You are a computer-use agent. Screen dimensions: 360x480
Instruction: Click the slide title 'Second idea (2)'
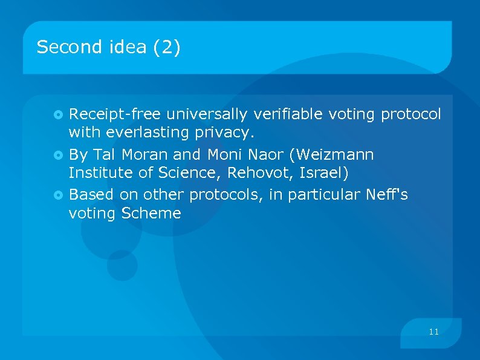tap(108, 47)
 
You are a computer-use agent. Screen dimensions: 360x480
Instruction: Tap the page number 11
tap(433, 332)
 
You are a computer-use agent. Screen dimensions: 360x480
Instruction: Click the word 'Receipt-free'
tap(115, 114)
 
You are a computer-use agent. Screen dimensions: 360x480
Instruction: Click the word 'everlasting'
tap(150, 132)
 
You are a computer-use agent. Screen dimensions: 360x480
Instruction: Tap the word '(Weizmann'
tap(332, 155)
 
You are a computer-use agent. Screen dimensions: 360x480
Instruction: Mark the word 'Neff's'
tap(387, 195)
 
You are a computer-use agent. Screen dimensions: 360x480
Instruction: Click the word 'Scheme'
tap(151, 213)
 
